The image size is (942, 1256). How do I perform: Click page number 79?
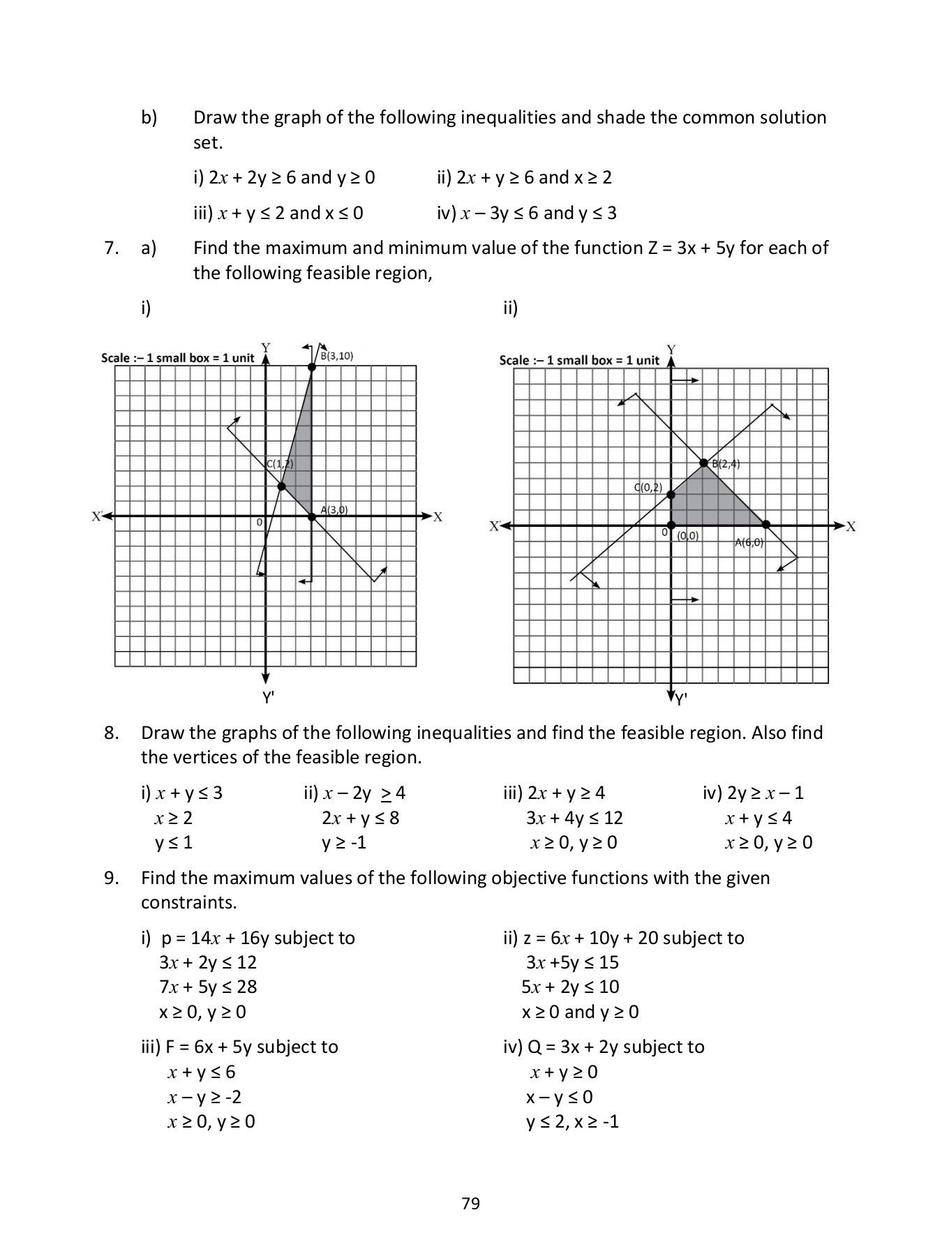tap(470, 1203)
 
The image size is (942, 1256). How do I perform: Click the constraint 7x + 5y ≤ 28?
tap(208, 987)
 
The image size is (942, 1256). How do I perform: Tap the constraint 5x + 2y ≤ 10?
tap(570, 987)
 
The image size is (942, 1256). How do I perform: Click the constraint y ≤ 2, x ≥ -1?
tap(572, 1121)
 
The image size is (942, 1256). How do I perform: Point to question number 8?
tap(112, 733)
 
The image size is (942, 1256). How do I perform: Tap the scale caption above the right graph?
tap(579, 360)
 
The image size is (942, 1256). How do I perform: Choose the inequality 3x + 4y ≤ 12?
tap(574, 818)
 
